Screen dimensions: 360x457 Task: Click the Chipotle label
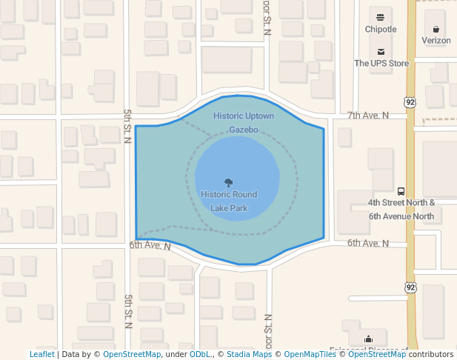point(381,30)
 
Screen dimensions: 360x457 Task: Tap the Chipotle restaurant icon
point(381,17)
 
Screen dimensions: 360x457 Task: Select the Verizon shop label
point(436,41)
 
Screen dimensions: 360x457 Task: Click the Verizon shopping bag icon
point(436,29)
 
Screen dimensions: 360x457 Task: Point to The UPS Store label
point(381,64)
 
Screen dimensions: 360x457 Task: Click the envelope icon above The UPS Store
point(381,51)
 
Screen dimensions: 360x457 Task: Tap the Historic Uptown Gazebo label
point(244,123)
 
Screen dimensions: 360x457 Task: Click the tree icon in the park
point(228,182)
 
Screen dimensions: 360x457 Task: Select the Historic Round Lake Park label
point(229,201)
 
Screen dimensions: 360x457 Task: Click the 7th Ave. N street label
point(368,116)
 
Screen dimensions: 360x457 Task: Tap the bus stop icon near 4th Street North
point(401,190)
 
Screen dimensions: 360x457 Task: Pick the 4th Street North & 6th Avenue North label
point(401,209)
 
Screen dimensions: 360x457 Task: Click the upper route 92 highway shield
point(410,101)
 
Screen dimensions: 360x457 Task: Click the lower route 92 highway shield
point(410,286)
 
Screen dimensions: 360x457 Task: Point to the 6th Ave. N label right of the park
point(368,243)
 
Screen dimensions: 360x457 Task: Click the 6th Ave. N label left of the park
point(150,245)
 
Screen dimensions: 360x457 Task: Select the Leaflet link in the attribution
point(41,355)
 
